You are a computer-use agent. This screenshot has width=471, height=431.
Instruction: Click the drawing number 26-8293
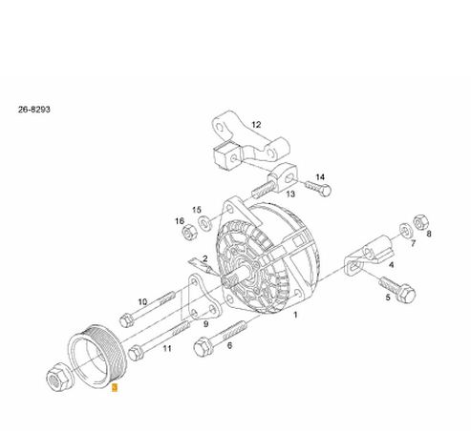coord(34,110)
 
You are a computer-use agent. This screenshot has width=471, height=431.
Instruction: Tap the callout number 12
coord(256,125)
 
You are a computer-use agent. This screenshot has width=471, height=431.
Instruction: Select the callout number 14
coord(320,177)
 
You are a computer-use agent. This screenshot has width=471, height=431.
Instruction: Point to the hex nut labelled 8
coord(421,222)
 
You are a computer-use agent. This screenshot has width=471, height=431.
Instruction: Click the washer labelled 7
coord(405,231)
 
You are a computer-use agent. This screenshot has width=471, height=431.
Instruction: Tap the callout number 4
coord(392,265)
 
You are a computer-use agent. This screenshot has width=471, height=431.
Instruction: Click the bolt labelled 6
coord(220,339)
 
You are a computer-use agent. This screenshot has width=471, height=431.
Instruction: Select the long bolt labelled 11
coord(159,341)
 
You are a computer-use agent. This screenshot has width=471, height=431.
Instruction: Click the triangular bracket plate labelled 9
coord(203,298)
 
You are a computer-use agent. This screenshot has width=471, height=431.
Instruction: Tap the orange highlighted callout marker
coord(115,388)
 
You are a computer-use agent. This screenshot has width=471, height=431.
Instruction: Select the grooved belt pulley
coord(97,356)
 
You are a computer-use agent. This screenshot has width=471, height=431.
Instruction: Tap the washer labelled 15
coord(205,222)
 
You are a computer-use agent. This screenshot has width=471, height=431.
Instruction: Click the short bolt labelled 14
coord(318,188)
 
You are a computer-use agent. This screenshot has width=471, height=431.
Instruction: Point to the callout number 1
coord(295,315)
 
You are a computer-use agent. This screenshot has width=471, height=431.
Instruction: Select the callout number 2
coord(205,258)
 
